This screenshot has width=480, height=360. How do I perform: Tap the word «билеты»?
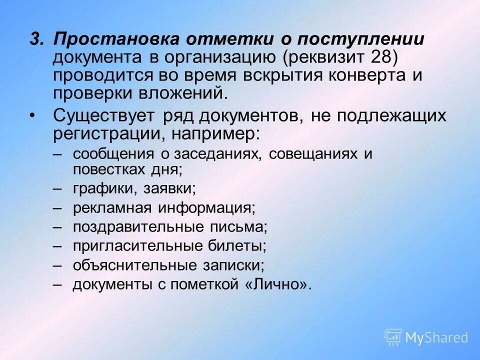241,246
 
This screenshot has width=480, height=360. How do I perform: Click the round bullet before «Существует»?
32,116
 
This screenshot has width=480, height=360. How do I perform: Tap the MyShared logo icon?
393,337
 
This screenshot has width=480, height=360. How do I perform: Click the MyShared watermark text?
436,338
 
